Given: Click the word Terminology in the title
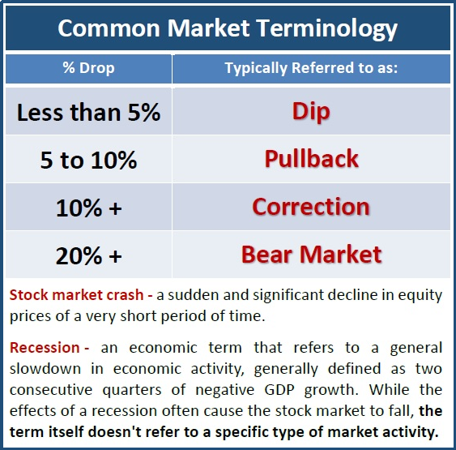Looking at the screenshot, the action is click(327, 29).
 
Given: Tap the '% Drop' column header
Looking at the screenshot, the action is click(89, 68).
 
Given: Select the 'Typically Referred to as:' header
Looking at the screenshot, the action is click(311, 68).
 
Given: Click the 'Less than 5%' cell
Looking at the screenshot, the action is click(89, 113).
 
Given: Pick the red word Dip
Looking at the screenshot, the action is click(311, 112).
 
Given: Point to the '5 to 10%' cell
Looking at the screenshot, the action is click(89, 160).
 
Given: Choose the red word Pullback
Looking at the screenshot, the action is click(312, 159).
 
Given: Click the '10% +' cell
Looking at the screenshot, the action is click(89, 208).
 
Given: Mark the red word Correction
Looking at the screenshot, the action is click(311, 207).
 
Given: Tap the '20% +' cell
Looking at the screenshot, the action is click(89, 255).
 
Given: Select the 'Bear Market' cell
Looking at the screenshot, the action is click(312, 255).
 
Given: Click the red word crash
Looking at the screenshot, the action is click(125, 295).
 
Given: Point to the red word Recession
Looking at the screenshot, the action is click(45, 348).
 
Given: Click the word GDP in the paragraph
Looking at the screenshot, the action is click(279, 390).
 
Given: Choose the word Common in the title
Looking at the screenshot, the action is click(109, 28).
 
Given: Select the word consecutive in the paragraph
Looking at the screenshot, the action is click(51, 390).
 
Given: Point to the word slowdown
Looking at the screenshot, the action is click(45, 369).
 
